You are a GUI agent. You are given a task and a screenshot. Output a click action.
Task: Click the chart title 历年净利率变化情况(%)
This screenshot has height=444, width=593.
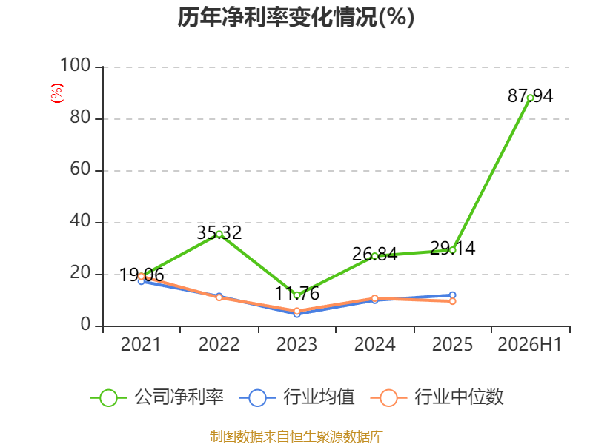click(x=296, y=17)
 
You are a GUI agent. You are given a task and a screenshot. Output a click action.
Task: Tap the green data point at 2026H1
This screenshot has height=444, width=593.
click(x=530, y=98)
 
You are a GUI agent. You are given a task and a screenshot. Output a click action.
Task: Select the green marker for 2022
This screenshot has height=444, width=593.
click(x=219, y=234)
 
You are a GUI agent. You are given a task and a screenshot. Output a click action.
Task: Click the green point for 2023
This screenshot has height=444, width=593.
click(x=297, y=295)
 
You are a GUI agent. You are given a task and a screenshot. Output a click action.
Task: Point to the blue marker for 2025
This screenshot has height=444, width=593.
click(x=452, y=295)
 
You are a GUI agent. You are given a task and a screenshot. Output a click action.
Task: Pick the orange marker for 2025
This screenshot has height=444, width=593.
click(x=452, y=301)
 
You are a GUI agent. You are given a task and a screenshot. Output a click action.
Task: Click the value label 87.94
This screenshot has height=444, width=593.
click(x=530, y=96)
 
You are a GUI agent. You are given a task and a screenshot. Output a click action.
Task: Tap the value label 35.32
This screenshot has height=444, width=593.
click(x=219, y=232)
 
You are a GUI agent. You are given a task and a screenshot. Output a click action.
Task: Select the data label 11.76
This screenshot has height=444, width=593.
click(x=297, y=293)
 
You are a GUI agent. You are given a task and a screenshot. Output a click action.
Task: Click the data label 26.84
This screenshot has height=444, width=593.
click(x=375, y=254)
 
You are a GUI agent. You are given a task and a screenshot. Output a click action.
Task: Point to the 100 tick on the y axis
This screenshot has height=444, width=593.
click(x=76, y=65)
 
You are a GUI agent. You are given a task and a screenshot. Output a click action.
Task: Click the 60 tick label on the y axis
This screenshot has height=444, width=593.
click(x=80, y=169)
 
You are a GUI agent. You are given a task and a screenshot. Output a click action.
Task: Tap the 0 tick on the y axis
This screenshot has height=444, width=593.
click(x=85, y=324)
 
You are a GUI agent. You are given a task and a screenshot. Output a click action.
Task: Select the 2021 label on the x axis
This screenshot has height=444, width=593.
click(x=141, y=344)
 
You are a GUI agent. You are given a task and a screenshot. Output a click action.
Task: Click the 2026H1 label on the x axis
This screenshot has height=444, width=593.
click(x=530, y=344)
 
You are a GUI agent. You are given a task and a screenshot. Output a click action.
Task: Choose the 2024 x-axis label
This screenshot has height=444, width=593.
click(x=374, y=344)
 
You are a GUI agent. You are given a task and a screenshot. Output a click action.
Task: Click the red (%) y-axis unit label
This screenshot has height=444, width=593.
click(x=57, y=93)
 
